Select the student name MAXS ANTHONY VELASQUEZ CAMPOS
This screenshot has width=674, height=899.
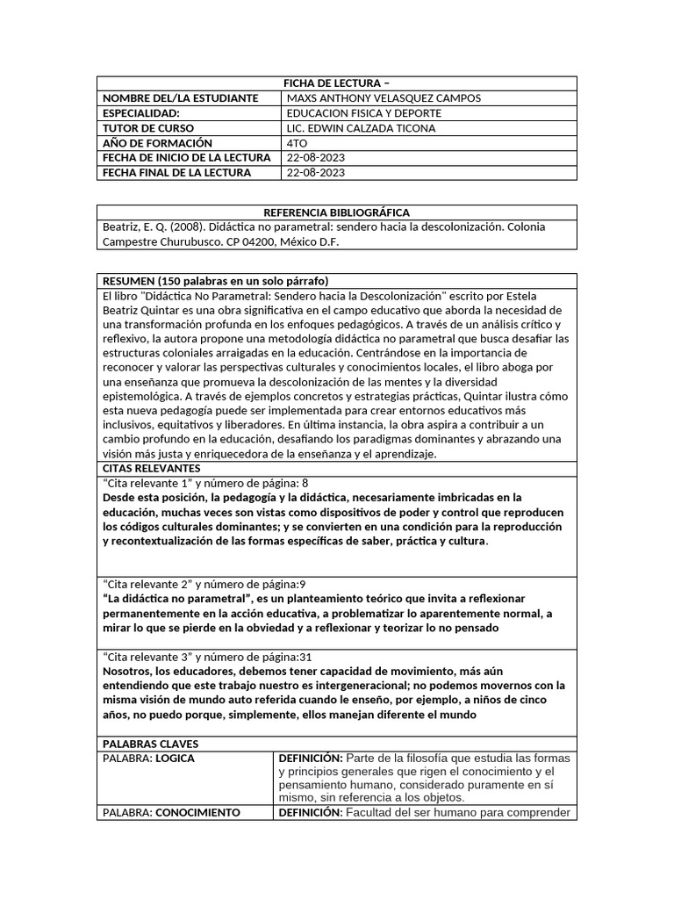click(x=384, y=98)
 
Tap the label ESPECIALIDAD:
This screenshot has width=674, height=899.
click(x=141, y=113)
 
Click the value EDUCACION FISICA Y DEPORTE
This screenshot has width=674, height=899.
click(x=364, y=113)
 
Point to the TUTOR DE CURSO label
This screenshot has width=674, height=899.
click(x=147, y=128)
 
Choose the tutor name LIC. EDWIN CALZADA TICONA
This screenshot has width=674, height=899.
click(x=361, y=128)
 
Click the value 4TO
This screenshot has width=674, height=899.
click(x=298, y=143)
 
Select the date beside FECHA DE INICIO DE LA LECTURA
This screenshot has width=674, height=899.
click(x=316, y=158)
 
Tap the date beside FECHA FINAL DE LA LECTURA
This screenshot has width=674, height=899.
click(x=316, y=173)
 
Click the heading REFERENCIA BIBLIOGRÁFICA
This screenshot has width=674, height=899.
click(x=336, y=212)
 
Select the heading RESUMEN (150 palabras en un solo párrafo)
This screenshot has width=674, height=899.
click(x=215, y=281)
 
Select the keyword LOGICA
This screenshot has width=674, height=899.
click(x=175, y=758)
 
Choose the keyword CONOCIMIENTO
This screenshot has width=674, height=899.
click(x=197, y=812)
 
